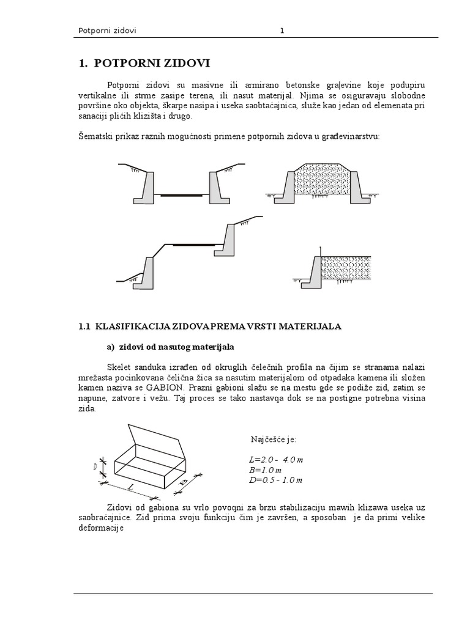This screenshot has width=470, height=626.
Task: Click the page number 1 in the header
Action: [x=282, y=31]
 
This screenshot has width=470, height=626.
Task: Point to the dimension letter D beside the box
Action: [x=95, y=467]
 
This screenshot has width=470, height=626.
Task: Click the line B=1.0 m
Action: [x=261, y=469]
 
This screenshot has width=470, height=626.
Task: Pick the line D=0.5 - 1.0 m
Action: [x=272, y=480]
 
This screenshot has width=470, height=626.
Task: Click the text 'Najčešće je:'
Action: [x=273, y=439]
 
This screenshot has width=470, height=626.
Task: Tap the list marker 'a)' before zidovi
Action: [x=111, y=347]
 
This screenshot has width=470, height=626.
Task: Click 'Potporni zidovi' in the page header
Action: [x=108, y=31]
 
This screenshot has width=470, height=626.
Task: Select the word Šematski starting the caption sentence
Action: [x=96, y=136]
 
